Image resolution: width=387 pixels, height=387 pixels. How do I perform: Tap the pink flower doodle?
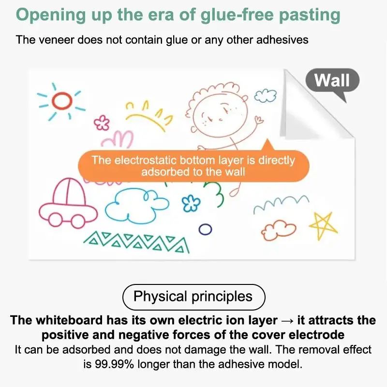pyautogui.click(x=102, y=123)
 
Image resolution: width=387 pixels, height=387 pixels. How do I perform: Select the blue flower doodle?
pyautogui.click(x=191, y=203)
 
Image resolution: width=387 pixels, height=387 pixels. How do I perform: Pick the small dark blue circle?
pyautogui.click(x=205, y=229)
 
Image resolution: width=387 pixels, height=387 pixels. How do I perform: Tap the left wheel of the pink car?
pyautogui.click(x=55, y=220)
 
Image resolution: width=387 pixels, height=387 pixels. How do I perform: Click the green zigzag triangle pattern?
pyautogui.click(x=136, y=242)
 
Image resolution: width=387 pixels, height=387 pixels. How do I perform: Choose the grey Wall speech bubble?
pyautogui.click(x=332, y=80)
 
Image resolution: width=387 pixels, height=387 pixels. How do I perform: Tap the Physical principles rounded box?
pyautogui.click(x=194, y=297)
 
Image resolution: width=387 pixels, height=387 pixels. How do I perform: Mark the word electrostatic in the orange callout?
pyautogui.click(x=146, y=161)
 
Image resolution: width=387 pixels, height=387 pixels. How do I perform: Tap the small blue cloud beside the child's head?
pyautogui.click(x=266, y=96)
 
